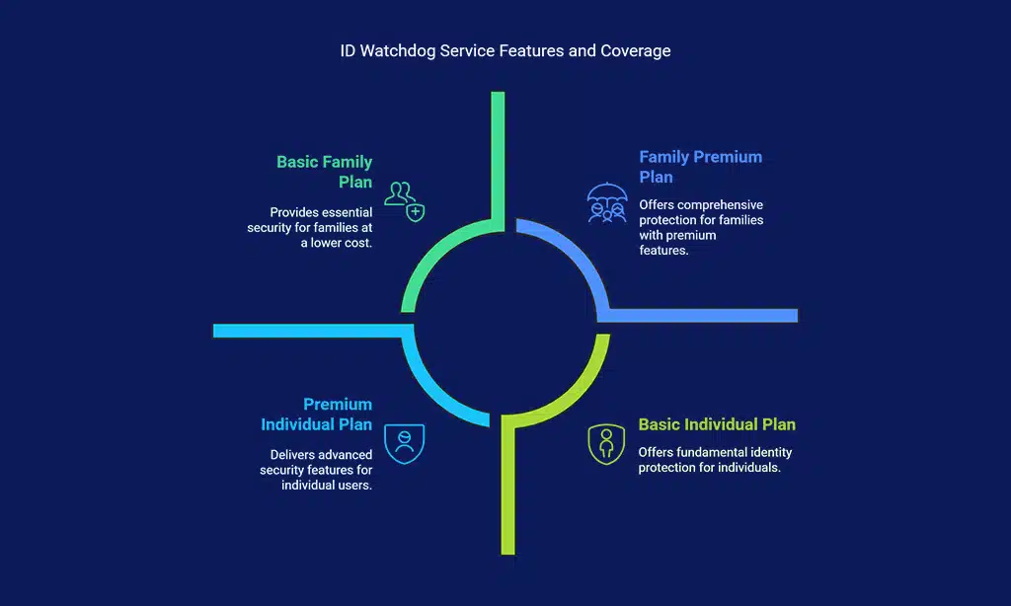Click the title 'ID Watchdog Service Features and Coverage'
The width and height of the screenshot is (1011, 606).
coord(505,51)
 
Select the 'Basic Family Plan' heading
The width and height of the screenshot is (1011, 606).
coord(324,171)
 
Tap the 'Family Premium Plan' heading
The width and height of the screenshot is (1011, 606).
coord(700,167)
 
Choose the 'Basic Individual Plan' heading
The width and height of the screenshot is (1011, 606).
coord(716,424)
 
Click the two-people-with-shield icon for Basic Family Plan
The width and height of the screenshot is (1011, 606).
coord(404,198)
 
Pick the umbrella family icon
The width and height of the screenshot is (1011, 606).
coord(606,203)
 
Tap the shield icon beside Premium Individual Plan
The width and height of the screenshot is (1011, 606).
coord(404,443)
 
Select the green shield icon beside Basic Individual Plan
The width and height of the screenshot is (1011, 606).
coord(606,444)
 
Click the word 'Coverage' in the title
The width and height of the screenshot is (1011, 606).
coord(635,51)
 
